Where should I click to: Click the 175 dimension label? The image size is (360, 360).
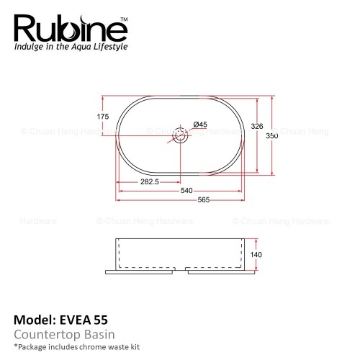(x=103, y=117)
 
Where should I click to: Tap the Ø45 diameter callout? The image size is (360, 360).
(x=200, y=125)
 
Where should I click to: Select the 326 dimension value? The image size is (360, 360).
(x=257, y=126)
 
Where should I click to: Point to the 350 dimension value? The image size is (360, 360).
(x=272, y=136)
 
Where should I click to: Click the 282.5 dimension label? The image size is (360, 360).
(x=150, y=181)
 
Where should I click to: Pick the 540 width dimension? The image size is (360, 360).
(x=186, y=191)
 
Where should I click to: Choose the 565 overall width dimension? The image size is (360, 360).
(x=204, y=199)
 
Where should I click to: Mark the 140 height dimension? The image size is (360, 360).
(x=256, y=255)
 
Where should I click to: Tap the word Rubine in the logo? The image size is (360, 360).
(x=70, y=29)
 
